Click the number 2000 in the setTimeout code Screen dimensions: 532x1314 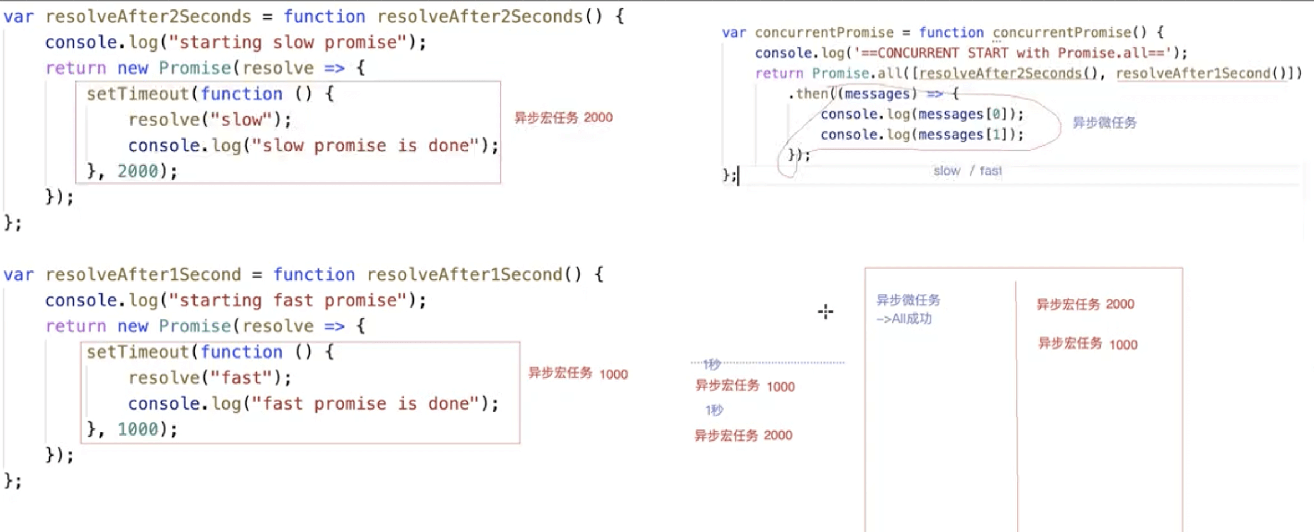137,171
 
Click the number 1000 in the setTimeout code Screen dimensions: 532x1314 137,429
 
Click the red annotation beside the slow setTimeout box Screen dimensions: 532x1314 563,117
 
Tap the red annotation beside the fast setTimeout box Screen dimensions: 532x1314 578,374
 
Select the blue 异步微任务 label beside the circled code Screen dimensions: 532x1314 1104,122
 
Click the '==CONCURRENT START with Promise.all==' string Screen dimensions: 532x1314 1013,53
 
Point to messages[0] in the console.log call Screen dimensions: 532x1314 961,114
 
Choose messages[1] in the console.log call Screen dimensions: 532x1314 961,135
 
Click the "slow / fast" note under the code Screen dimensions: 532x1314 967,171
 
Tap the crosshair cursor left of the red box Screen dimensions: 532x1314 826,311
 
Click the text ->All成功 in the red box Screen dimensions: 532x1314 904,319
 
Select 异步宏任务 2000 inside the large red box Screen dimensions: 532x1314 1085,304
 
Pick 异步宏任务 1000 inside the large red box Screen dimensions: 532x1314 1087,344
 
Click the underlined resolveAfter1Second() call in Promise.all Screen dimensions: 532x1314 1201,73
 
